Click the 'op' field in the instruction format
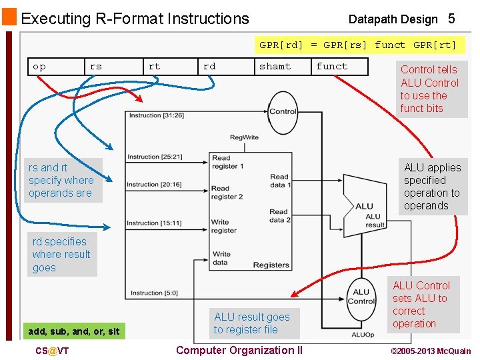(x=40, y=66)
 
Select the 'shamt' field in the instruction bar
(x=275, y=66)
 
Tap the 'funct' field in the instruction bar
(x=332, y=66)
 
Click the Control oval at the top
(x=283, y=111)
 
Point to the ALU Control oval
(x=361, y=297)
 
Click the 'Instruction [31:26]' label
(x=155, y=115)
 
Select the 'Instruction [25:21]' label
(x=154, y=157)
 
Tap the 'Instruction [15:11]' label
(x=153, y=223)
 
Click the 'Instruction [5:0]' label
(x=154, y=293)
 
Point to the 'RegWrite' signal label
(x=244, y=137)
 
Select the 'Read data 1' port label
(x=279, y=181)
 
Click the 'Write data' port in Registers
(x=221, y=258)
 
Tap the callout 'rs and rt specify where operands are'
(x=61, y=180)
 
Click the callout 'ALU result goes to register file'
(x=252, y=323)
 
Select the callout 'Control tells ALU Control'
(x=430, y=89)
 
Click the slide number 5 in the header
(x=451, y=19)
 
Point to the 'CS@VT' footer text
(x=52, y=351)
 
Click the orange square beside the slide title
(x=9, y=17)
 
